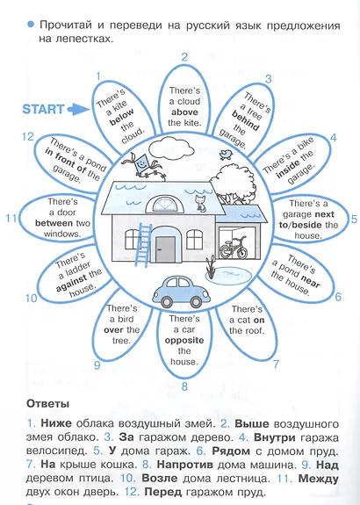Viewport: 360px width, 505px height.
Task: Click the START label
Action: pos(43,109)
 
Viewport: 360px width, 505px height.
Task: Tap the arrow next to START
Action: pos(78,109)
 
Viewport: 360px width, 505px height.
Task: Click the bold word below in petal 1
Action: pos(122,117)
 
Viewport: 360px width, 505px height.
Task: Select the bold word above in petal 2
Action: pos(184,112)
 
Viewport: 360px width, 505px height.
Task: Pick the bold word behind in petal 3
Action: pos(245,120)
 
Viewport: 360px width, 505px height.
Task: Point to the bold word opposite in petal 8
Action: pos(184,341)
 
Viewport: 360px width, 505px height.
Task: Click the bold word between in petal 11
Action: pos(54,223)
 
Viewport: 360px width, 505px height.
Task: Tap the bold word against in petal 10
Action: pos(71,283)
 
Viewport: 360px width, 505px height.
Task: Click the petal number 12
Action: pos(27,136)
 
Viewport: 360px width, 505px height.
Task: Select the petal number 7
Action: pos(276,364)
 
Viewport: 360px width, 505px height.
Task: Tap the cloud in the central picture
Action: pos(173,148)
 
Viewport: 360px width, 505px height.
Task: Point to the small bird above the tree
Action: pos(226,154)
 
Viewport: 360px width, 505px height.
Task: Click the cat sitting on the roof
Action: pos(200,203)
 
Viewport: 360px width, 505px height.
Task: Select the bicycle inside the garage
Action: pos(234,248)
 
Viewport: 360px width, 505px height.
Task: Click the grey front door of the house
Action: pos(165,249)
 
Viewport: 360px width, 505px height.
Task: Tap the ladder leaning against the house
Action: pos(143,245)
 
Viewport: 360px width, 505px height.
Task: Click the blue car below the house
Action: pos(181,292)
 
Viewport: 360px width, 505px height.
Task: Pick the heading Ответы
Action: pos(47,404)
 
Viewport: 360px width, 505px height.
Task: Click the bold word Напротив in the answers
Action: pos(185,465)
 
